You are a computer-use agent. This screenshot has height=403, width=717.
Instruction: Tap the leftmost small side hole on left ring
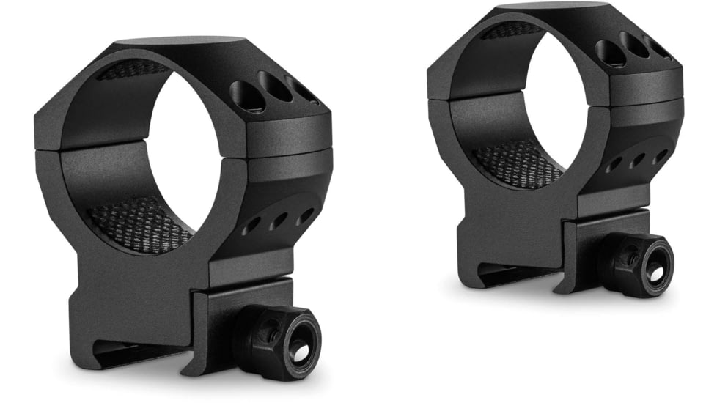pyautogui.click(x=251, y=227)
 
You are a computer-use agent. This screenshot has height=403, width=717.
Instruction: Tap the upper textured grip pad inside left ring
pyautogui.click(x=132, y=70)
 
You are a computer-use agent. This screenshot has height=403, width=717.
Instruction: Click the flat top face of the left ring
pyautogui.click(x=183, y=42)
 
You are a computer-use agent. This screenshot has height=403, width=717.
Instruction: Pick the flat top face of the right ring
pyautogui.click(x=557, y=7)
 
